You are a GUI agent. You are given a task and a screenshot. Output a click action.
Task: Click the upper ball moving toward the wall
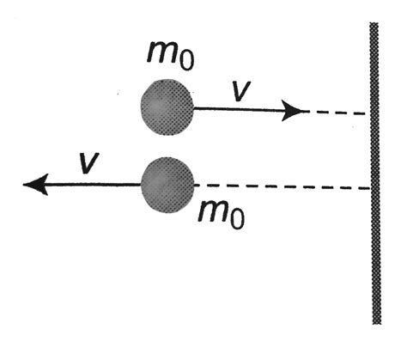coord(167,106)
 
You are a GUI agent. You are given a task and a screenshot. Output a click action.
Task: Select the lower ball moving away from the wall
coord(167,185)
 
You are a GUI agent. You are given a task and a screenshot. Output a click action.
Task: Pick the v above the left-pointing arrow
coord(86,163)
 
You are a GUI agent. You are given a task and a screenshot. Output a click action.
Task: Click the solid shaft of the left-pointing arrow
coord(94,184)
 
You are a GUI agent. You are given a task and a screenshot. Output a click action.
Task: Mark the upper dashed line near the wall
coord(339,112)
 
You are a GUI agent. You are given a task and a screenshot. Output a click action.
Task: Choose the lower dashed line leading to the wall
coord(283,186)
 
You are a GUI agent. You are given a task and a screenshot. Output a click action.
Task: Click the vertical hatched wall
coord(374,172)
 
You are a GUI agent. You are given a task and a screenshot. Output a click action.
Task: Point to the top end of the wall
coord(374,26)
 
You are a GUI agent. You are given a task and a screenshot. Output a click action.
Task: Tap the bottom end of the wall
coord(374,321)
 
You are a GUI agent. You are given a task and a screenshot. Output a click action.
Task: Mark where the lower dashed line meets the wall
coord(369,187)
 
